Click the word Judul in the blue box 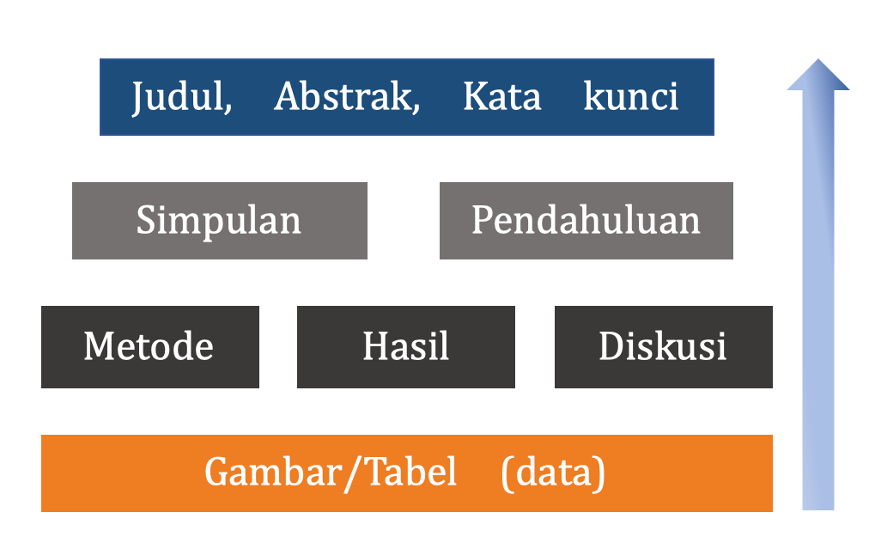tap(178, 98)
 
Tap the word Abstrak tap(343, 96)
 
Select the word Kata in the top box tap(501, 96)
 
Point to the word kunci tap(630, 96)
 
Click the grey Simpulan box tap(220, 221)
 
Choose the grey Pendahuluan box tap(586, 221)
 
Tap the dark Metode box tap(150, 347)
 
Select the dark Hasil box tap(406, 347)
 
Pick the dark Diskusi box tap(664, 347)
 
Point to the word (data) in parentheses tap(552, 473)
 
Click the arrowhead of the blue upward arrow tap(818, 75)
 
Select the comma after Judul tap(228, 107)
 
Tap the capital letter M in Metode tap(100, 346)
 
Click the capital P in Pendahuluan tap(483, 220)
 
